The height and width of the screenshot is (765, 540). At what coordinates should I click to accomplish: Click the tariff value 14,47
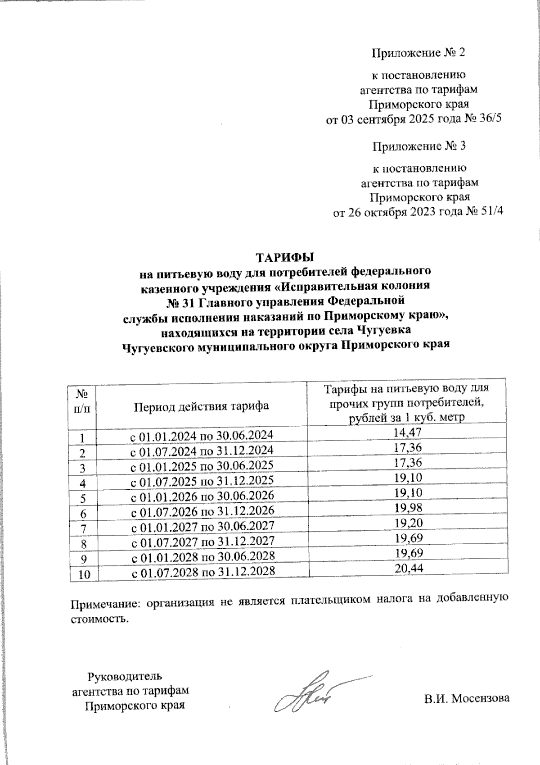(x=409, y=433)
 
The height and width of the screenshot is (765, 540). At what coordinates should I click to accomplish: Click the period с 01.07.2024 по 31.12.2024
(x=202, y=450)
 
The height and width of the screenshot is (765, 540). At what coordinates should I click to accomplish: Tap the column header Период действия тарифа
(x=201, y=406)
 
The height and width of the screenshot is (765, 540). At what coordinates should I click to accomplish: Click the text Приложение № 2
(x=418, y=53)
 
